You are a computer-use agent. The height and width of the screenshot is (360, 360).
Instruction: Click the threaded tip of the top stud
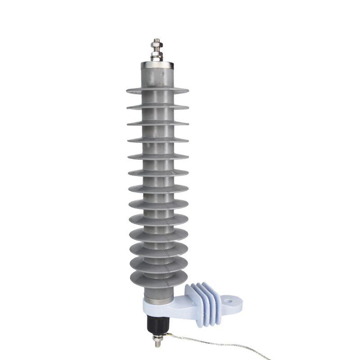point(157,41)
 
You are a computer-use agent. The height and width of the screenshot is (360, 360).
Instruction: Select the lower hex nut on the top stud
point(157,56)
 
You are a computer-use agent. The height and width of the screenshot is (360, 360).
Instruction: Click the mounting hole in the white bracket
point(231,298)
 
